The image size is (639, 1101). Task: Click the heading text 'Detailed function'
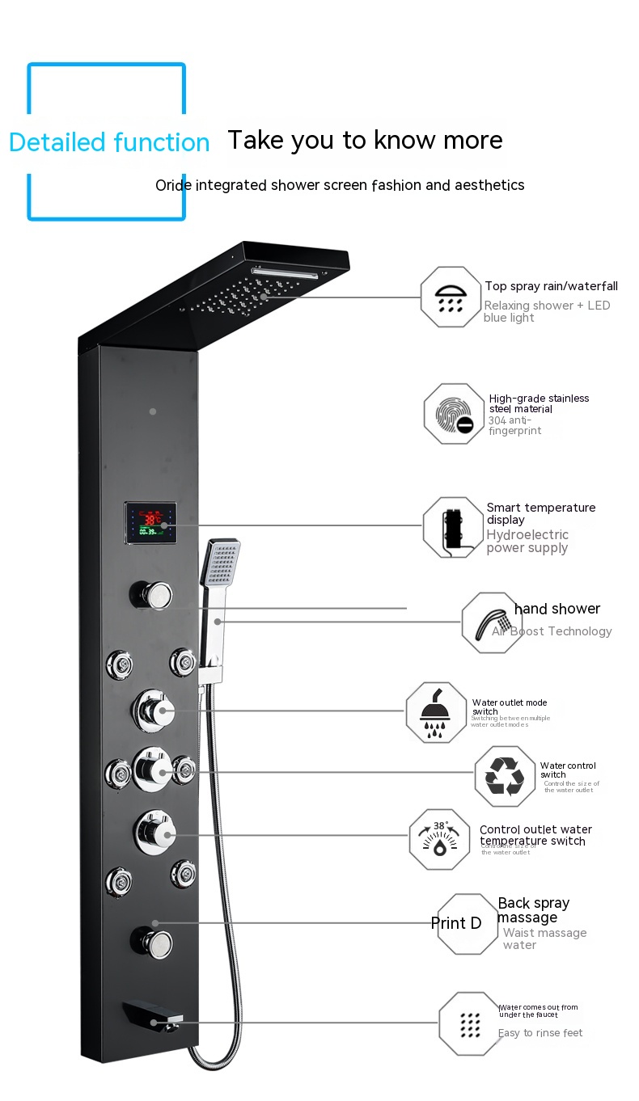tap(109, 142)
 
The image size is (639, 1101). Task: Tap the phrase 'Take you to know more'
tap(365, 140)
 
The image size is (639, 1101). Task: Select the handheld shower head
tap(221, 563)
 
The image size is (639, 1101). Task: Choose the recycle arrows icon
tap(505, 777)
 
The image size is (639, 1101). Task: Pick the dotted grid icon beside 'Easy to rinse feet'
tap(469, 1024)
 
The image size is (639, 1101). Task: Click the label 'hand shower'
tap(557, 609)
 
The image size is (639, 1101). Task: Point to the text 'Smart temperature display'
tap(540, 513)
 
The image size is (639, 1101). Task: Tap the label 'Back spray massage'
tap(533, 910)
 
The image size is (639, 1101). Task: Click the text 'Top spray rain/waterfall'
tap(551, 286)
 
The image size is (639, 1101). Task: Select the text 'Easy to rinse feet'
tap(540, 1033)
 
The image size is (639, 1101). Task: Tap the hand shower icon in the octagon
tap(492, 622)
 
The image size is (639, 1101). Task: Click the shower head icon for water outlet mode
tap(436, 712)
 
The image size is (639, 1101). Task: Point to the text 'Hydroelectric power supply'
tap(527, 541)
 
